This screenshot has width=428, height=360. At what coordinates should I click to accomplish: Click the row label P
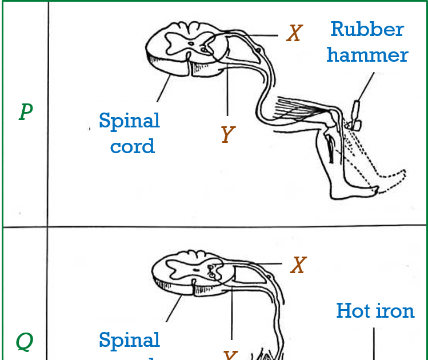click(x=25, y=112)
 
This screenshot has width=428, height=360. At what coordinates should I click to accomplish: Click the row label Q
click(x=24, y=342)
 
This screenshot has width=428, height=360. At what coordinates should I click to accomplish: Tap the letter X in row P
click(x=294, y=34)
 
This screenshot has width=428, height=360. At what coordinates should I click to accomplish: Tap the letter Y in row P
click(x=227, y=135)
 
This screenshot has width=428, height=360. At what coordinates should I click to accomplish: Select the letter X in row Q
click(x=298, y=265)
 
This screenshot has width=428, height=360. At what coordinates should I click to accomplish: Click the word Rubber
click(x=367, y=29)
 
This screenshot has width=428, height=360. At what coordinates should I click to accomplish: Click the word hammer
click(x=367, y=55)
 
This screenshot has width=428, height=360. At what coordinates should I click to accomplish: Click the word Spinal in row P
click(x=129, y=121)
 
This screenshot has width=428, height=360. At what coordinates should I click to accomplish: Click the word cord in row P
click(x=132, y=146)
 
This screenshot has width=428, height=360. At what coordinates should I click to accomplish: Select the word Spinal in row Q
click(x=129, y=340)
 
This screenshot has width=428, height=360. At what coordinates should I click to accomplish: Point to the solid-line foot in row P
click(x=354, y=192)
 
